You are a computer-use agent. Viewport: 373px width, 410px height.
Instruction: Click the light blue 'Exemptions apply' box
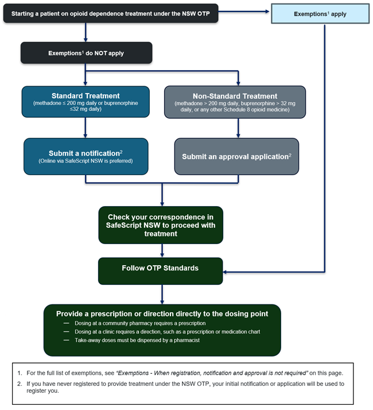[x=320, y=14]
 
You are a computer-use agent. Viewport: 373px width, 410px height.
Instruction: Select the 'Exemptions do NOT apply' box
[x=86, y=53]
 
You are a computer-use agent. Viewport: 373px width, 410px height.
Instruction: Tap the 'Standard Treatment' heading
[x=86, y=96]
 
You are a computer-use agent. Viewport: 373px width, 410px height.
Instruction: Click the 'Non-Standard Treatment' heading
[x=235, y=96]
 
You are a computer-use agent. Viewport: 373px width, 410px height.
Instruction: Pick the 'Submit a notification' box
[x=86, y=156]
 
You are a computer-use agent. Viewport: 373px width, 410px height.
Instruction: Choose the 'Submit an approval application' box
[x=236, y=156]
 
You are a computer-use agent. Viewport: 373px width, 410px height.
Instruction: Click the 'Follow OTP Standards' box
[x=161, y=271]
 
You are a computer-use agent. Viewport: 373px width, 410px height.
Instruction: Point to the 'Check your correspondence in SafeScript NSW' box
[x=161, y=225]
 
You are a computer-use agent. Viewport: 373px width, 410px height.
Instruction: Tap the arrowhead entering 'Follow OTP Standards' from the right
[x=225, y=272]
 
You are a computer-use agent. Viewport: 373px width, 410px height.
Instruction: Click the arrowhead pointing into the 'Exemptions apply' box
[x=267, y=11]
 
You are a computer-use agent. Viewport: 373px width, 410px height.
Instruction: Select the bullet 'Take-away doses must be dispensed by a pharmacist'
[x=137, y=340]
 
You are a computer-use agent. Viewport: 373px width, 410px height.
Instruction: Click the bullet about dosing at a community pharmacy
[x=140, y=323]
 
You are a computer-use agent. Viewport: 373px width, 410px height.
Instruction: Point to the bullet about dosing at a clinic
[x=168, y=331]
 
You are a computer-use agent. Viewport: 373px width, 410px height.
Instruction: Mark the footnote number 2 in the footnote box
[x=20, y=384]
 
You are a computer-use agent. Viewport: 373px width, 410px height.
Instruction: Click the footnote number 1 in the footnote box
[x=20, y=373]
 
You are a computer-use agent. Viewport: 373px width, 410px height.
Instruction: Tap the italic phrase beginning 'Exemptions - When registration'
[x=212, y=373]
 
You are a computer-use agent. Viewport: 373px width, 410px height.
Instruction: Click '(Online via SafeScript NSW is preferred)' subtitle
[x=86, y=161]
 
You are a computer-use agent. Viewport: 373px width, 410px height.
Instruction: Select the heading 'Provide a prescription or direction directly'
[x=162, y=314]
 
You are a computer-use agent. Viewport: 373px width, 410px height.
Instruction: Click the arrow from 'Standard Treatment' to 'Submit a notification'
[x=85, y=127]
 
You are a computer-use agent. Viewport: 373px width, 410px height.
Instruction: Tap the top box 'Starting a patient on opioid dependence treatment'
[x=111, y=13]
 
